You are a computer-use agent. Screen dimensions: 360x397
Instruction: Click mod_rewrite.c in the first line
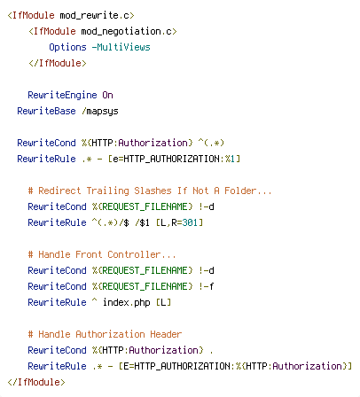click(94, 15)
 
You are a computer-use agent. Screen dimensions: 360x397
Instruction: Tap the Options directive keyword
click(67, 47)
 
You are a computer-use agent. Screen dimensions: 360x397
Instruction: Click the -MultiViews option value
click(121, 47)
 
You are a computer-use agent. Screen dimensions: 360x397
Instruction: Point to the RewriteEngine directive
click(62, 95)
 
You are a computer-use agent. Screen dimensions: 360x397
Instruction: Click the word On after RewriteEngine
click(107, 95)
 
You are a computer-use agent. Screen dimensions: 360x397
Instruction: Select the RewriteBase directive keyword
click(46, 111)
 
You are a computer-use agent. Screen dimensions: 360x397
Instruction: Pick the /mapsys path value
click(100, 112)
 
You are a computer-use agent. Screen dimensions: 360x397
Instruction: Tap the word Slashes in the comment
click(153, 191)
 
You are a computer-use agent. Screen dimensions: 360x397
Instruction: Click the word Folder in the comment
click(240, 191)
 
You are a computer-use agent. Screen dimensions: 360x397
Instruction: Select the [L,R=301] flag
click(180, 222)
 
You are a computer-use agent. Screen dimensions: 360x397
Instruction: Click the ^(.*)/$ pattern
click(110, 222)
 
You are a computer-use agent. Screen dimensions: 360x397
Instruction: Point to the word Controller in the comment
click(134, 254)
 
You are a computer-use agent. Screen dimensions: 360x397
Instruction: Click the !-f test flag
click(207, 286)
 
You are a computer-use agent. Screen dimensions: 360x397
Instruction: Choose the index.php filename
click(127, 302)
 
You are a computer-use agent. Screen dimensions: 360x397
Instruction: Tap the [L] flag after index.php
click(163, 302)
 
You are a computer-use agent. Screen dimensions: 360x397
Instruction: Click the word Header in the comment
click(166, 334)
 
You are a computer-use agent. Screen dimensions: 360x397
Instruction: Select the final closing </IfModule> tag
click(36, 382)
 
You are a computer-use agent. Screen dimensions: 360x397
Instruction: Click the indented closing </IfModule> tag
click(58, 63)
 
